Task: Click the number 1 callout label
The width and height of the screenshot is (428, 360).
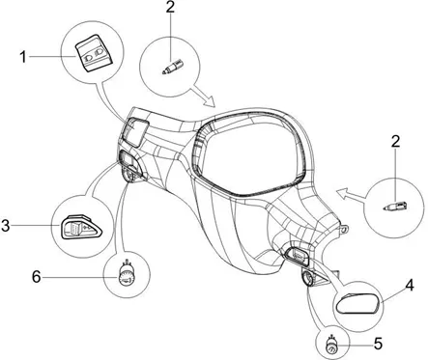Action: click(23, 57)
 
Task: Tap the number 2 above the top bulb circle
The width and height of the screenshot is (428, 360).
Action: click(170, 6)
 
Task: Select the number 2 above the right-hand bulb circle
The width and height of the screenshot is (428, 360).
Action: click(395, 141)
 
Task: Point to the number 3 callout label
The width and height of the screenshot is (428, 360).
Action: click(6, 225)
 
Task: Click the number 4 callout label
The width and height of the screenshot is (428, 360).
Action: click(409, 285)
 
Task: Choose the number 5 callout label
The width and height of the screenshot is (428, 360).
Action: click(379, 344)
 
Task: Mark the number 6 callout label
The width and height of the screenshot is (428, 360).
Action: click(36, 277)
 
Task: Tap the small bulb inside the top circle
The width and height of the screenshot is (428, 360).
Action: click(169, 67)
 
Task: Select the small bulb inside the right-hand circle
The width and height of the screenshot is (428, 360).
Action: click(395, 206)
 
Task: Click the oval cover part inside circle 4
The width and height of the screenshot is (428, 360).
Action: click(357, 303)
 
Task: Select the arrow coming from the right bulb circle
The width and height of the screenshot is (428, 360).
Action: click(351, 195)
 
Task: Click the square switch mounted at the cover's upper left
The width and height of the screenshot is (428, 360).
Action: click(135, 131)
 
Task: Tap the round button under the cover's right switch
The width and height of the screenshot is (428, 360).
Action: click(307, 278)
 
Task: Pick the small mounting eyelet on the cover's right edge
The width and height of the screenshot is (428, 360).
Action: click(344, 229)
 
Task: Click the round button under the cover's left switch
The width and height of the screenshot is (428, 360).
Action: click(128, 177)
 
